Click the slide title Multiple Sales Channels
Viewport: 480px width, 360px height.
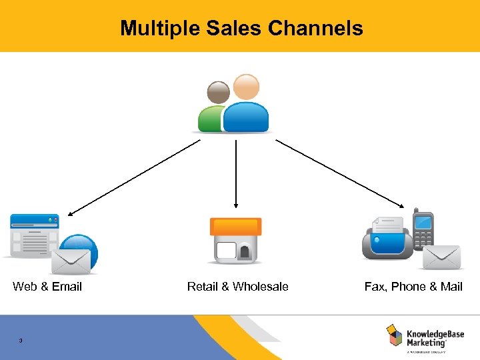point(241,28)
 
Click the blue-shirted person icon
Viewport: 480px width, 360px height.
point(246,107)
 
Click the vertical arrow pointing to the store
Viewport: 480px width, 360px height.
point(235,173)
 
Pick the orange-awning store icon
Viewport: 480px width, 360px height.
point(235,239)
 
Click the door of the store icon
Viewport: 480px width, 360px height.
point(245,253)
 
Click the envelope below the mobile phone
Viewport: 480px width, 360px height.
point(441,257)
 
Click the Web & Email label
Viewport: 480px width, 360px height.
point(47,287)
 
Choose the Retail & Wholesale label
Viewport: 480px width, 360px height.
point(237,287)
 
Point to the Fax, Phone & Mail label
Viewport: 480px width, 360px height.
point(413,287)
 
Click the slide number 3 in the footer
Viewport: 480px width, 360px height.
point(21,341)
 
